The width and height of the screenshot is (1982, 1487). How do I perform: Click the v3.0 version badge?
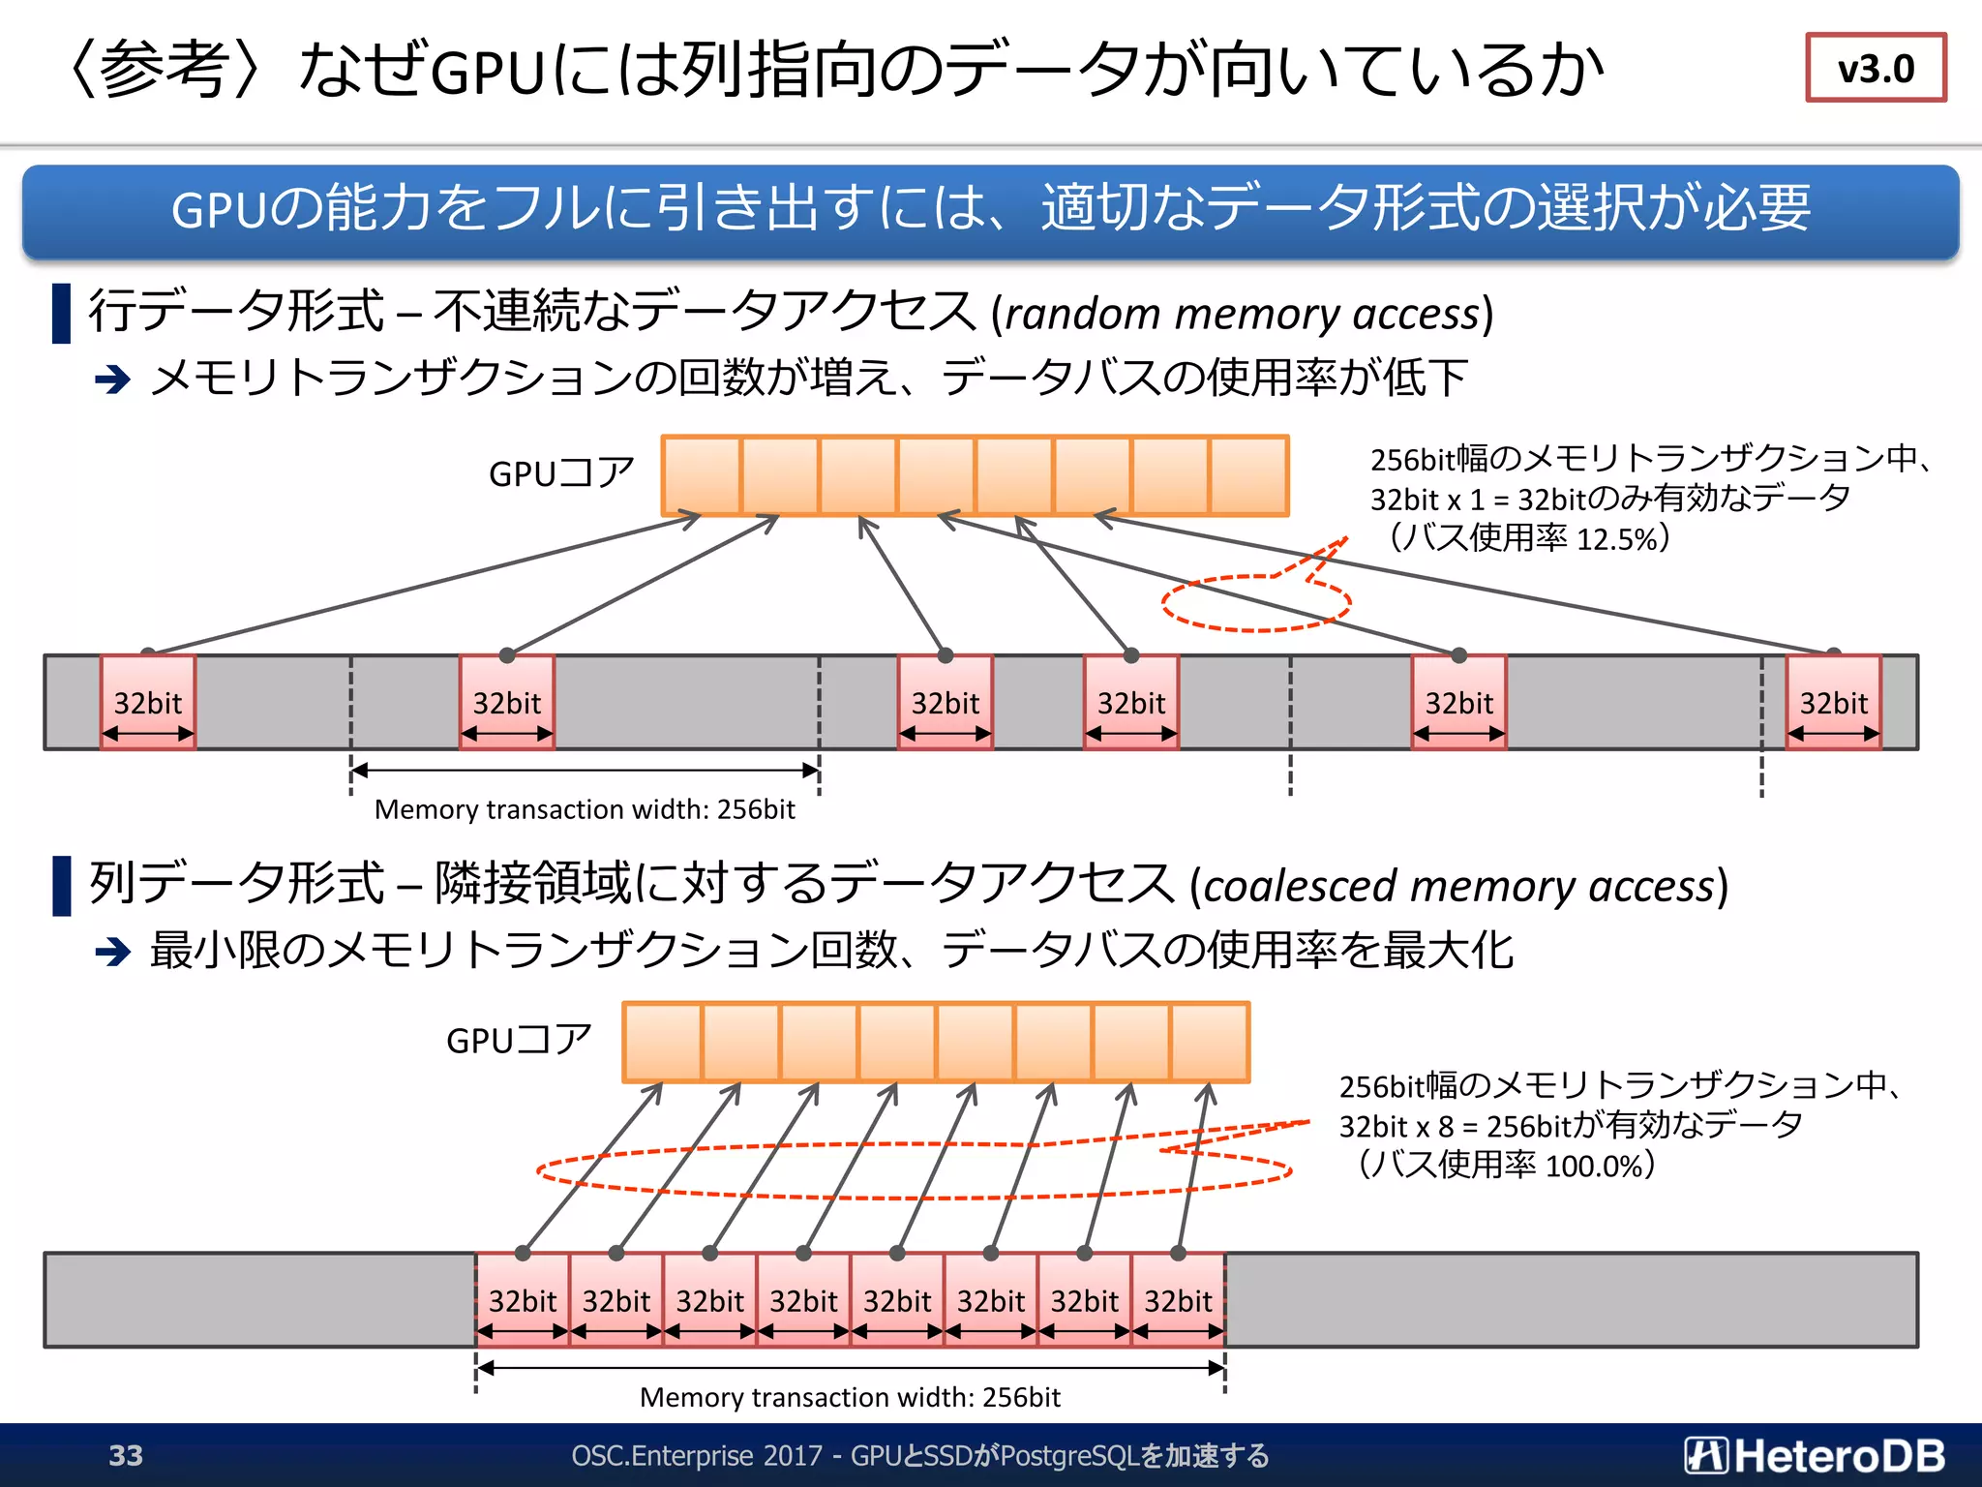1875,68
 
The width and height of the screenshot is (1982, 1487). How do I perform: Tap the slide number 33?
126,1455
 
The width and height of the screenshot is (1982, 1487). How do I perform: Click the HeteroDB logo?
1815,1455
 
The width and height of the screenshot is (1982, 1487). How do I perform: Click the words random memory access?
1243,315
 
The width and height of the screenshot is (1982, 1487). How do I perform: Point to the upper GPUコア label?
560,474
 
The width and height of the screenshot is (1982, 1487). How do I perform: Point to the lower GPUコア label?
519,1041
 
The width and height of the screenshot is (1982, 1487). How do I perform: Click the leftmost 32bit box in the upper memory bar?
148,703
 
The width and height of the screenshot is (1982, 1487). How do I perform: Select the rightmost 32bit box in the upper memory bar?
1833,703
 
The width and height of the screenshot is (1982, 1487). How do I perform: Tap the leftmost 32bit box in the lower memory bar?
523,1300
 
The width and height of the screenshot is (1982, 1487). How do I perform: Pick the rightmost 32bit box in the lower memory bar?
1178,1300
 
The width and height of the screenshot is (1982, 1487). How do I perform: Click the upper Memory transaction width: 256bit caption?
585,809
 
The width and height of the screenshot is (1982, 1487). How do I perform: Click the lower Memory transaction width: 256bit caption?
850,1397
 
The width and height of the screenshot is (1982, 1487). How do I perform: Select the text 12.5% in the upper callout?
1617,539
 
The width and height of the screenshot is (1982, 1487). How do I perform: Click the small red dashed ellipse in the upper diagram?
1255,603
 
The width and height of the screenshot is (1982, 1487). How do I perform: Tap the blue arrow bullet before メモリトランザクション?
112,379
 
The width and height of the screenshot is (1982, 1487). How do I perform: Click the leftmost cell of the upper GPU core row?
702,475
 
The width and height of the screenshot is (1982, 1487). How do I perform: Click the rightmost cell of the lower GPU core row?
1210,1042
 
